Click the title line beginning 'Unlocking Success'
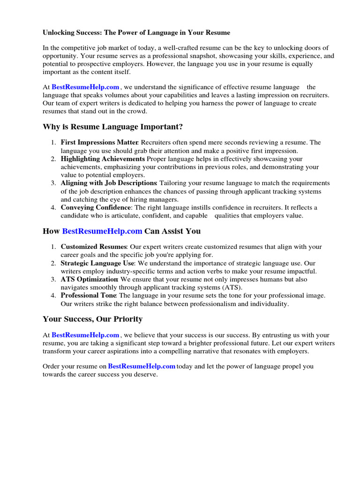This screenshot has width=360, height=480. point(136,33)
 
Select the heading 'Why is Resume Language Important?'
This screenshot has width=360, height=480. point(112,127)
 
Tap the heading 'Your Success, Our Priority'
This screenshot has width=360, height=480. point(92,319)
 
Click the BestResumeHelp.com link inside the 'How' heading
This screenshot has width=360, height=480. point(102,231)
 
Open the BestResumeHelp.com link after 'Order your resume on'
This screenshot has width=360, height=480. point(142,367)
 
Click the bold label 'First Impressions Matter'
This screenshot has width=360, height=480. point(99,142)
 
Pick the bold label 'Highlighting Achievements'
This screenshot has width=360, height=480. point(103,159)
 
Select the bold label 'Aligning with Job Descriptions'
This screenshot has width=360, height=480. point(108,183)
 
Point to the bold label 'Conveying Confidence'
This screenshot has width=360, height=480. point(96,208)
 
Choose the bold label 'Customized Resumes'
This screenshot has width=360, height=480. point(93,247)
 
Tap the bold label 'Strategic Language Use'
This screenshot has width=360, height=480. point(97,263)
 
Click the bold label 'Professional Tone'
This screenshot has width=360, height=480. point(89,296)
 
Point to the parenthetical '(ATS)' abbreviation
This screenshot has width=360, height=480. point(232,287)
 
